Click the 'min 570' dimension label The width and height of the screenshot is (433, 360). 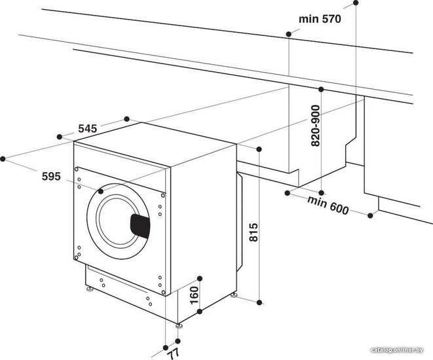[x=320, y=19]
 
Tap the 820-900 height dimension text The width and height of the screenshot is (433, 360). [x=315, y=126]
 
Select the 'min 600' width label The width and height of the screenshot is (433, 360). [x=328, y=205]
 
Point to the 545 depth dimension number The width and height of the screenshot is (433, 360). [x=88, y=128]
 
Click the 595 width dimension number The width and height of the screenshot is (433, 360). [x=51, y=176]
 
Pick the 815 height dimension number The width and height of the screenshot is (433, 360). [x=254, y=232]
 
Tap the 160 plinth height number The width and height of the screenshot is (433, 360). [x=195, y=295]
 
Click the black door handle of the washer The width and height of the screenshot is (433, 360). [x=140, y=226]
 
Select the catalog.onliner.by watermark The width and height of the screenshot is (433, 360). [x=397, y=350]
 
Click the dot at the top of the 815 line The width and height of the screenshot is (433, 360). [x=259, y=149]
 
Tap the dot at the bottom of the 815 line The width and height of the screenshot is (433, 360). [x=259, y=302]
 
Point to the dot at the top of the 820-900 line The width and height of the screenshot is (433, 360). [x=321, y=89]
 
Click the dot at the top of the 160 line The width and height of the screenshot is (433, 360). [x=200, y=278]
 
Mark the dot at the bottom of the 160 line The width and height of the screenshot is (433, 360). [x=200, y=312]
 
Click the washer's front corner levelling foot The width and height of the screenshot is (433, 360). [x=179, y=325]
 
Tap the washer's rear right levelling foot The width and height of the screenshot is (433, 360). [x=234, y=295]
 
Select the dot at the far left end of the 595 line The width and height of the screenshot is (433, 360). [x=3, y=158]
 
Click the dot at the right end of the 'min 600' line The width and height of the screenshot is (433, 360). [x=370, y=215]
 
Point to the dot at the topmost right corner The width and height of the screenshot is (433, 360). [x=356, y=3]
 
